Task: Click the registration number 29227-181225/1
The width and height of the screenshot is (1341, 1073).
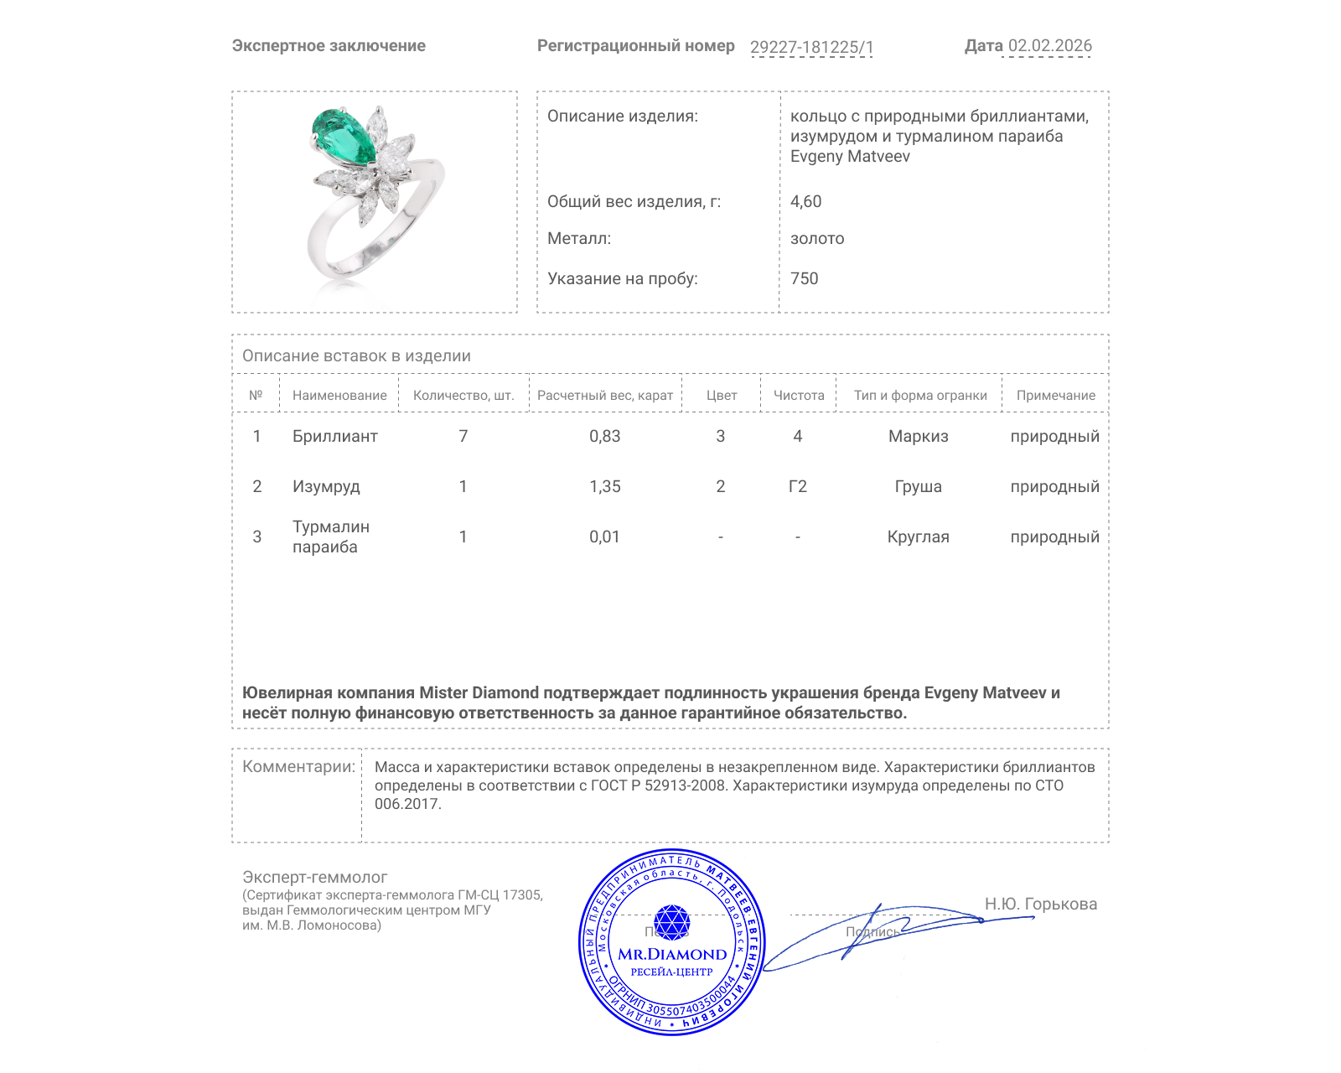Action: point(811,47)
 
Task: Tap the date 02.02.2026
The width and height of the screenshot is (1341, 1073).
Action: point(1049,46)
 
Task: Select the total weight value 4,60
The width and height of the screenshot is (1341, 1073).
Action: point(805,201)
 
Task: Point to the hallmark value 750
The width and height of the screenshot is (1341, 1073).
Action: point(804,278)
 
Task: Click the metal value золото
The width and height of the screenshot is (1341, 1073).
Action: point(817,238)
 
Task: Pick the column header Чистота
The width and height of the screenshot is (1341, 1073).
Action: point(799,396)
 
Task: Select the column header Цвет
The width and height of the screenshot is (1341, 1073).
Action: point(721,396)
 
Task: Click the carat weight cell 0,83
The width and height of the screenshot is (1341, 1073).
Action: point(604,436)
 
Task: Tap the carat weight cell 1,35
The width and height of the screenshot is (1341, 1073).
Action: point(604,486)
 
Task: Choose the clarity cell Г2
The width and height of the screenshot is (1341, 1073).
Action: point(797,486)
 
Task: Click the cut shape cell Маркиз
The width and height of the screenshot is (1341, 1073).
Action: point(918,436)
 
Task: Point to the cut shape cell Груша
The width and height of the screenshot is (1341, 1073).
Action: point(918,486)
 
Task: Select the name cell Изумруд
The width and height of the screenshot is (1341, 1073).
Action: point(326,486)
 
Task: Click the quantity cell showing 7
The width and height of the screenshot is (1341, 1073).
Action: point(463,436)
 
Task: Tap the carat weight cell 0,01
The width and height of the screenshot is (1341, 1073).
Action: point(604,536)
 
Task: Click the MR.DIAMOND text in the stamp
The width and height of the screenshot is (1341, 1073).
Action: point(672,954)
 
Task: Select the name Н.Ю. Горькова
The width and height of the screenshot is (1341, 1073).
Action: point(1040,904)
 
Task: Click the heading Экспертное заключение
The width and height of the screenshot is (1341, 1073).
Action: point(329,46)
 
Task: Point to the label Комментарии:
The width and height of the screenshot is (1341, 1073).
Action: point(298,766)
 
